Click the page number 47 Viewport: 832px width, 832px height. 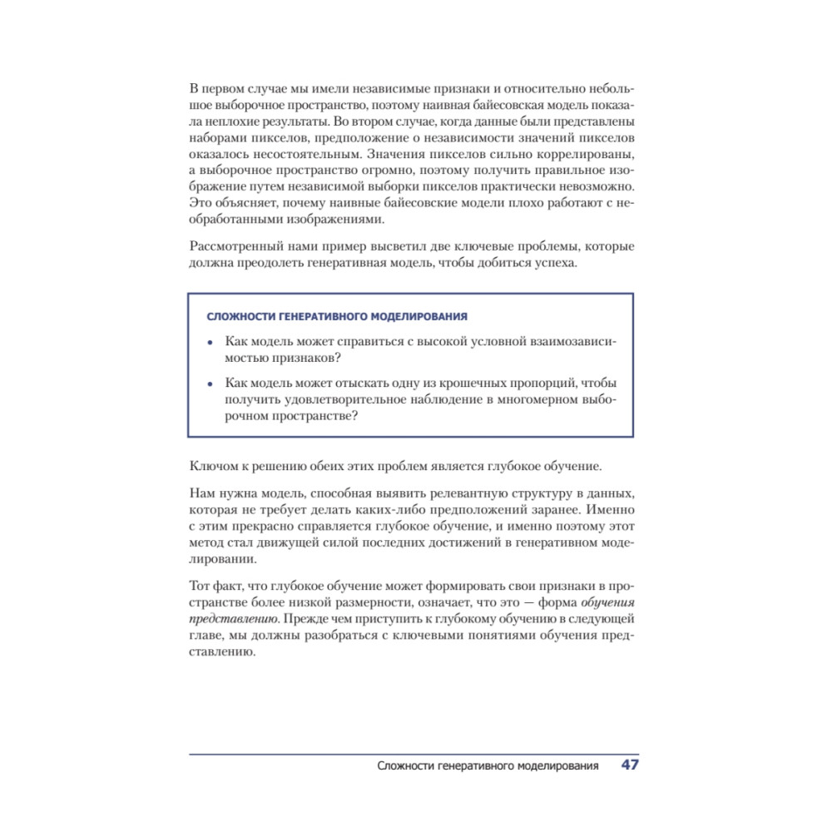[630, 765]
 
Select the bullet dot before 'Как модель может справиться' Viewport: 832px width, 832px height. [210, 342]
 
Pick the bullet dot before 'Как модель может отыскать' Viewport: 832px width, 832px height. [210, 384]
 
